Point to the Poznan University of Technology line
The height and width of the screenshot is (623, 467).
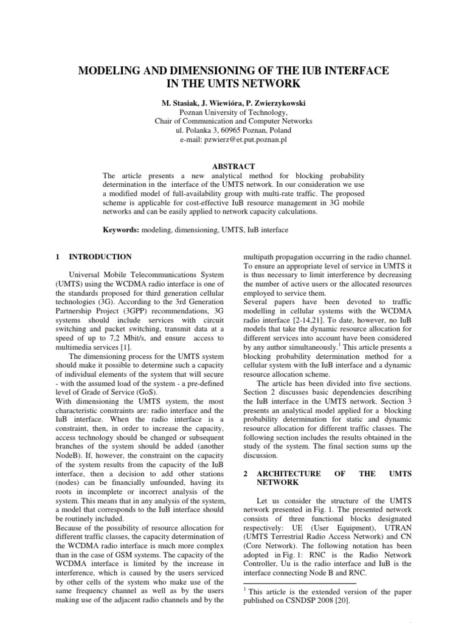point(233,112)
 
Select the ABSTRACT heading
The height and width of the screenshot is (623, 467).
point(233,166)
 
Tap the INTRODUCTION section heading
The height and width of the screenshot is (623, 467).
point(100,257)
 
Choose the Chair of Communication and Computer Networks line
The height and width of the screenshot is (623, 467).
point(233,121)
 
